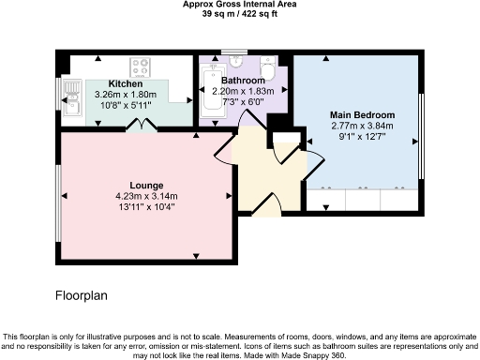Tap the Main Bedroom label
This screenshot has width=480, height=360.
click(362, 115)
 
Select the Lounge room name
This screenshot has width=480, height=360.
click(146, 184)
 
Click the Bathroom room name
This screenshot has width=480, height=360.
click(243, 81)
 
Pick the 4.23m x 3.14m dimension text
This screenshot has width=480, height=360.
click(146, 196)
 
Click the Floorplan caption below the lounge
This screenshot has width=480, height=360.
click(82, 294)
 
